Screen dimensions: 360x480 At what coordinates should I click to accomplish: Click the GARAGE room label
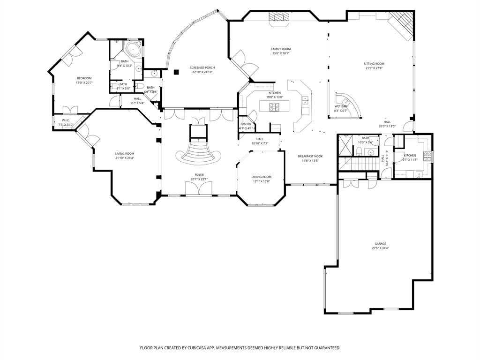click(x=380, y=244)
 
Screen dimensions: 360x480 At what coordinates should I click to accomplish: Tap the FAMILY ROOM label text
click(x=281, y=49)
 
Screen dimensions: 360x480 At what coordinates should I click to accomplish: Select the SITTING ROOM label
click(x=374, y=64)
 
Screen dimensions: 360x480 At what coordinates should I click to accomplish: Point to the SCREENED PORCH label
click(x=202, y=68)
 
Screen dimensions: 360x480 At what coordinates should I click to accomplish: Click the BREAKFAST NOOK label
click(x=310, y=156)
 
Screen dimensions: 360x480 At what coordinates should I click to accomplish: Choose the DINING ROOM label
click(x=262, y=177)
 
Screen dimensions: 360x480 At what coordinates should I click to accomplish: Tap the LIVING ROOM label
click(x=125, y=154)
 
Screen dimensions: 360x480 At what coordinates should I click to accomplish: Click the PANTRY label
click(x=246, y=124)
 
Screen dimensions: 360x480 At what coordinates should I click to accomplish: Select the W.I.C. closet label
click(x=66, y=120)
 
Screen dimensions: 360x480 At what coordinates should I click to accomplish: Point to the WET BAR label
click(x=341, y=106)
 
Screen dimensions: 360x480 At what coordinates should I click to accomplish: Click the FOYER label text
click(x=200, y=175)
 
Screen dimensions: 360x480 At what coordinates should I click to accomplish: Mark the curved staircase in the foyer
click(x=198, y=152)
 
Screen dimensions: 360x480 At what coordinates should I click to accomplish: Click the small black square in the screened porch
click(x=176, y=72)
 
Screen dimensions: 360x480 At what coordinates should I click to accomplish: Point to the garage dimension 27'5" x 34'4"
click(x=380, y=248)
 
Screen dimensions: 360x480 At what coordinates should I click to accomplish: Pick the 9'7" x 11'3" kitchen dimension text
click(x=410, y=160)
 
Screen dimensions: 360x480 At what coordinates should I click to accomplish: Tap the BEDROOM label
click(x=84, y=78)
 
